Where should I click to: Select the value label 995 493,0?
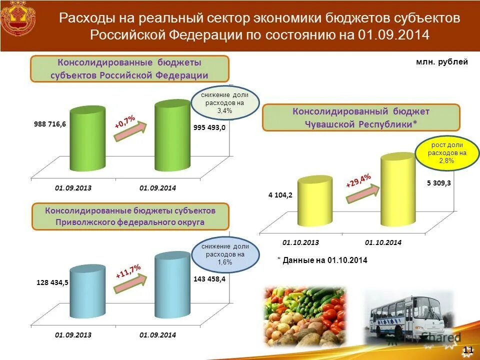click(209, 127)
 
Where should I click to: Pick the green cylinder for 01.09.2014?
click(172, 135)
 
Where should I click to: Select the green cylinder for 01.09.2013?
click(88, 139)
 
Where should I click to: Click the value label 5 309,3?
click(439, 183)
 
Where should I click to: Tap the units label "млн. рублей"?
click(441, 62)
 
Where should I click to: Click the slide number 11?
click(468, 349)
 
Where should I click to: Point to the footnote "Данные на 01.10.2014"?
click(322, 260)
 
